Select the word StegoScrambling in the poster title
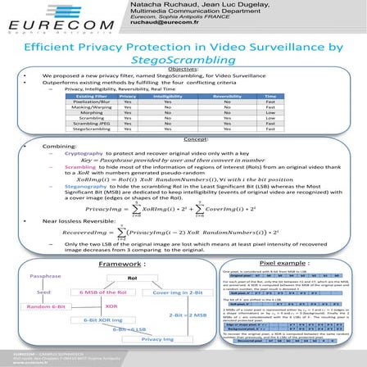(183, 60)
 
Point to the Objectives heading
(183, 70)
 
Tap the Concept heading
(183, 138)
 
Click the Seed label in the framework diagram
(43, 269)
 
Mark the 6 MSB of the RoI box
(102, 269)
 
